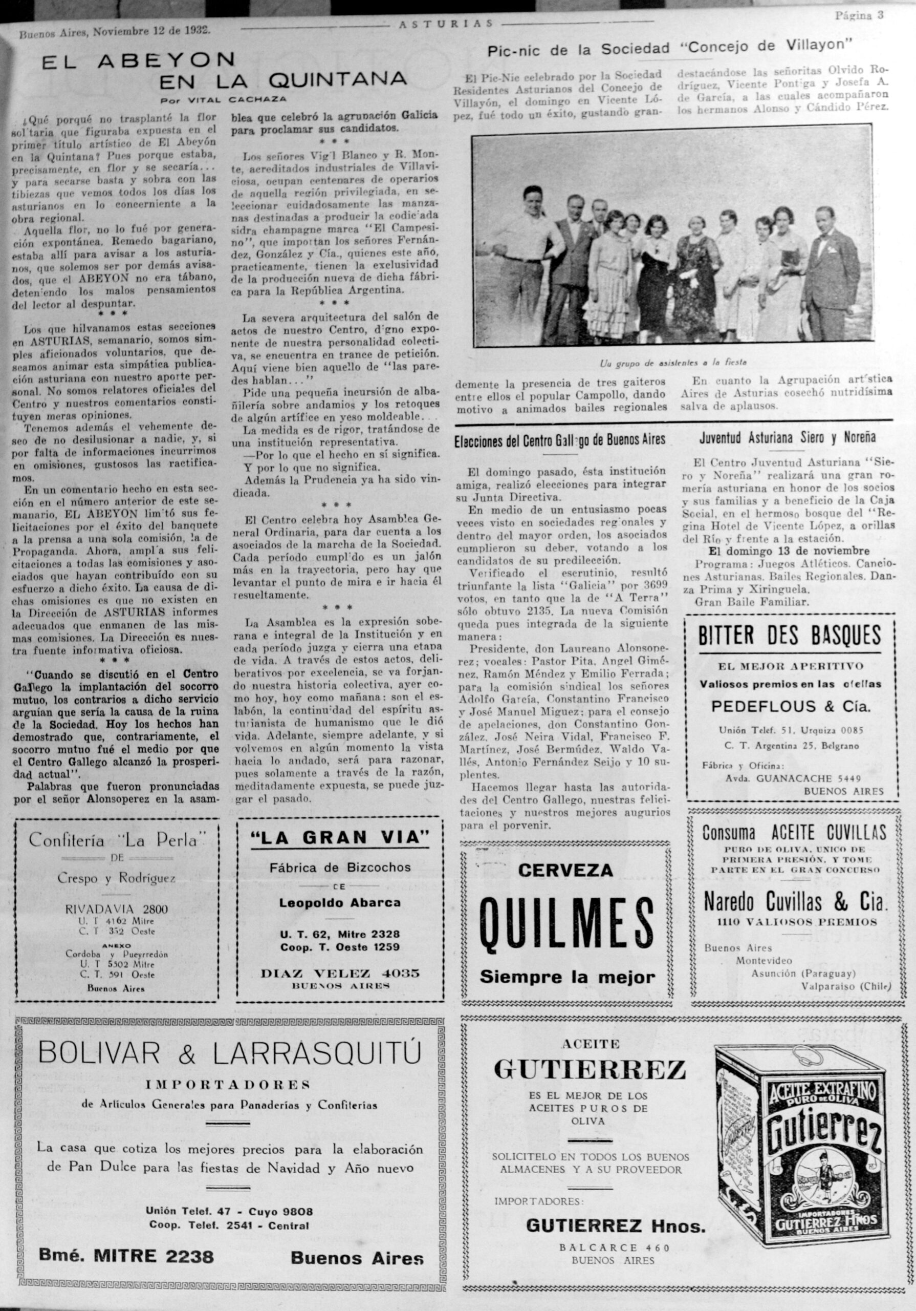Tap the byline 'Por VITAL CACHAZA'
pos(223,99)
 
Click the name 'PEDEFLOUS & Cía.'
pos(791,706)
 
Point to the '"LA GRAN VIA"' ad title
pos(340,838)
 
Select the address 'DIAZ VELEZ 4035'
pos(340,972)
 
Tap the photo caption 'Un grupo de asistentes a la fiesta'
pos(673,363)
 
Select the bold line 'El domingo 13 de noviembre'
pos(789,551)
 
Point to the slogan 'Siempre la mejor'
pos(566,977)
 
